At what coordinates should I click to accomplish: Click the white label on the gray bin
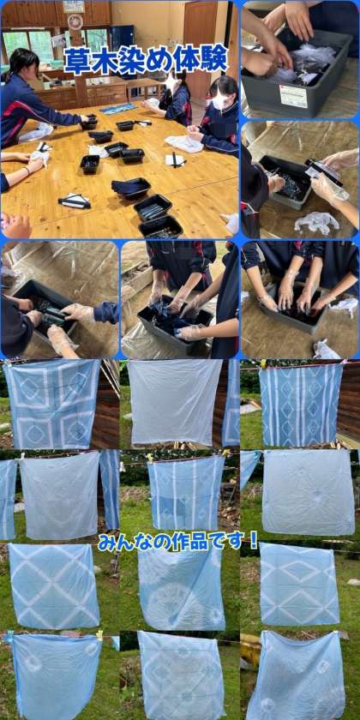click(x=293, y=96)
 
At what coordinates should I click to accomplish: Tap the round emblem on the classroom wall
click(x=75, y=21)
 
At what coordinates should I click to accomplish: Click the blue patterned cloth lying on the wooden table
click(x=118, y=108)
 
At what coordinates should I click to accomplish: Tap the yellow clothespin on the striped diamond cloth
click(x=263, y=363)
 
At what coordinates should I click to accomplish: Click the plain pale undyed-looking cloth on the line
click(x=175, y=402)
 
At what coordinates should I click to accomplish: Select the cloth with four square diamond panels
click(x=52, y=403)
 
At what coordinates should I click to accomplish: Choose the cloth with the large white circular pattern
click(x=182, y=589)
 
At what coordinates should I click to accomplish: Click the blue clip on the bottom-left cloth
click(x=9, y=637)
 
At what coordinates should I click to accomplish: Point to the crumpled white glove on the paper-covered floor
click(x=317, y=222)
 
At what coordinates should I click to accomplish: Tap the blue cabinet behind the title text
click(x=121, y=37)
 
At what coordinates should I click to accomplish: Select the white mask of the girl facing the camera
click(x=219, y=101)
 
